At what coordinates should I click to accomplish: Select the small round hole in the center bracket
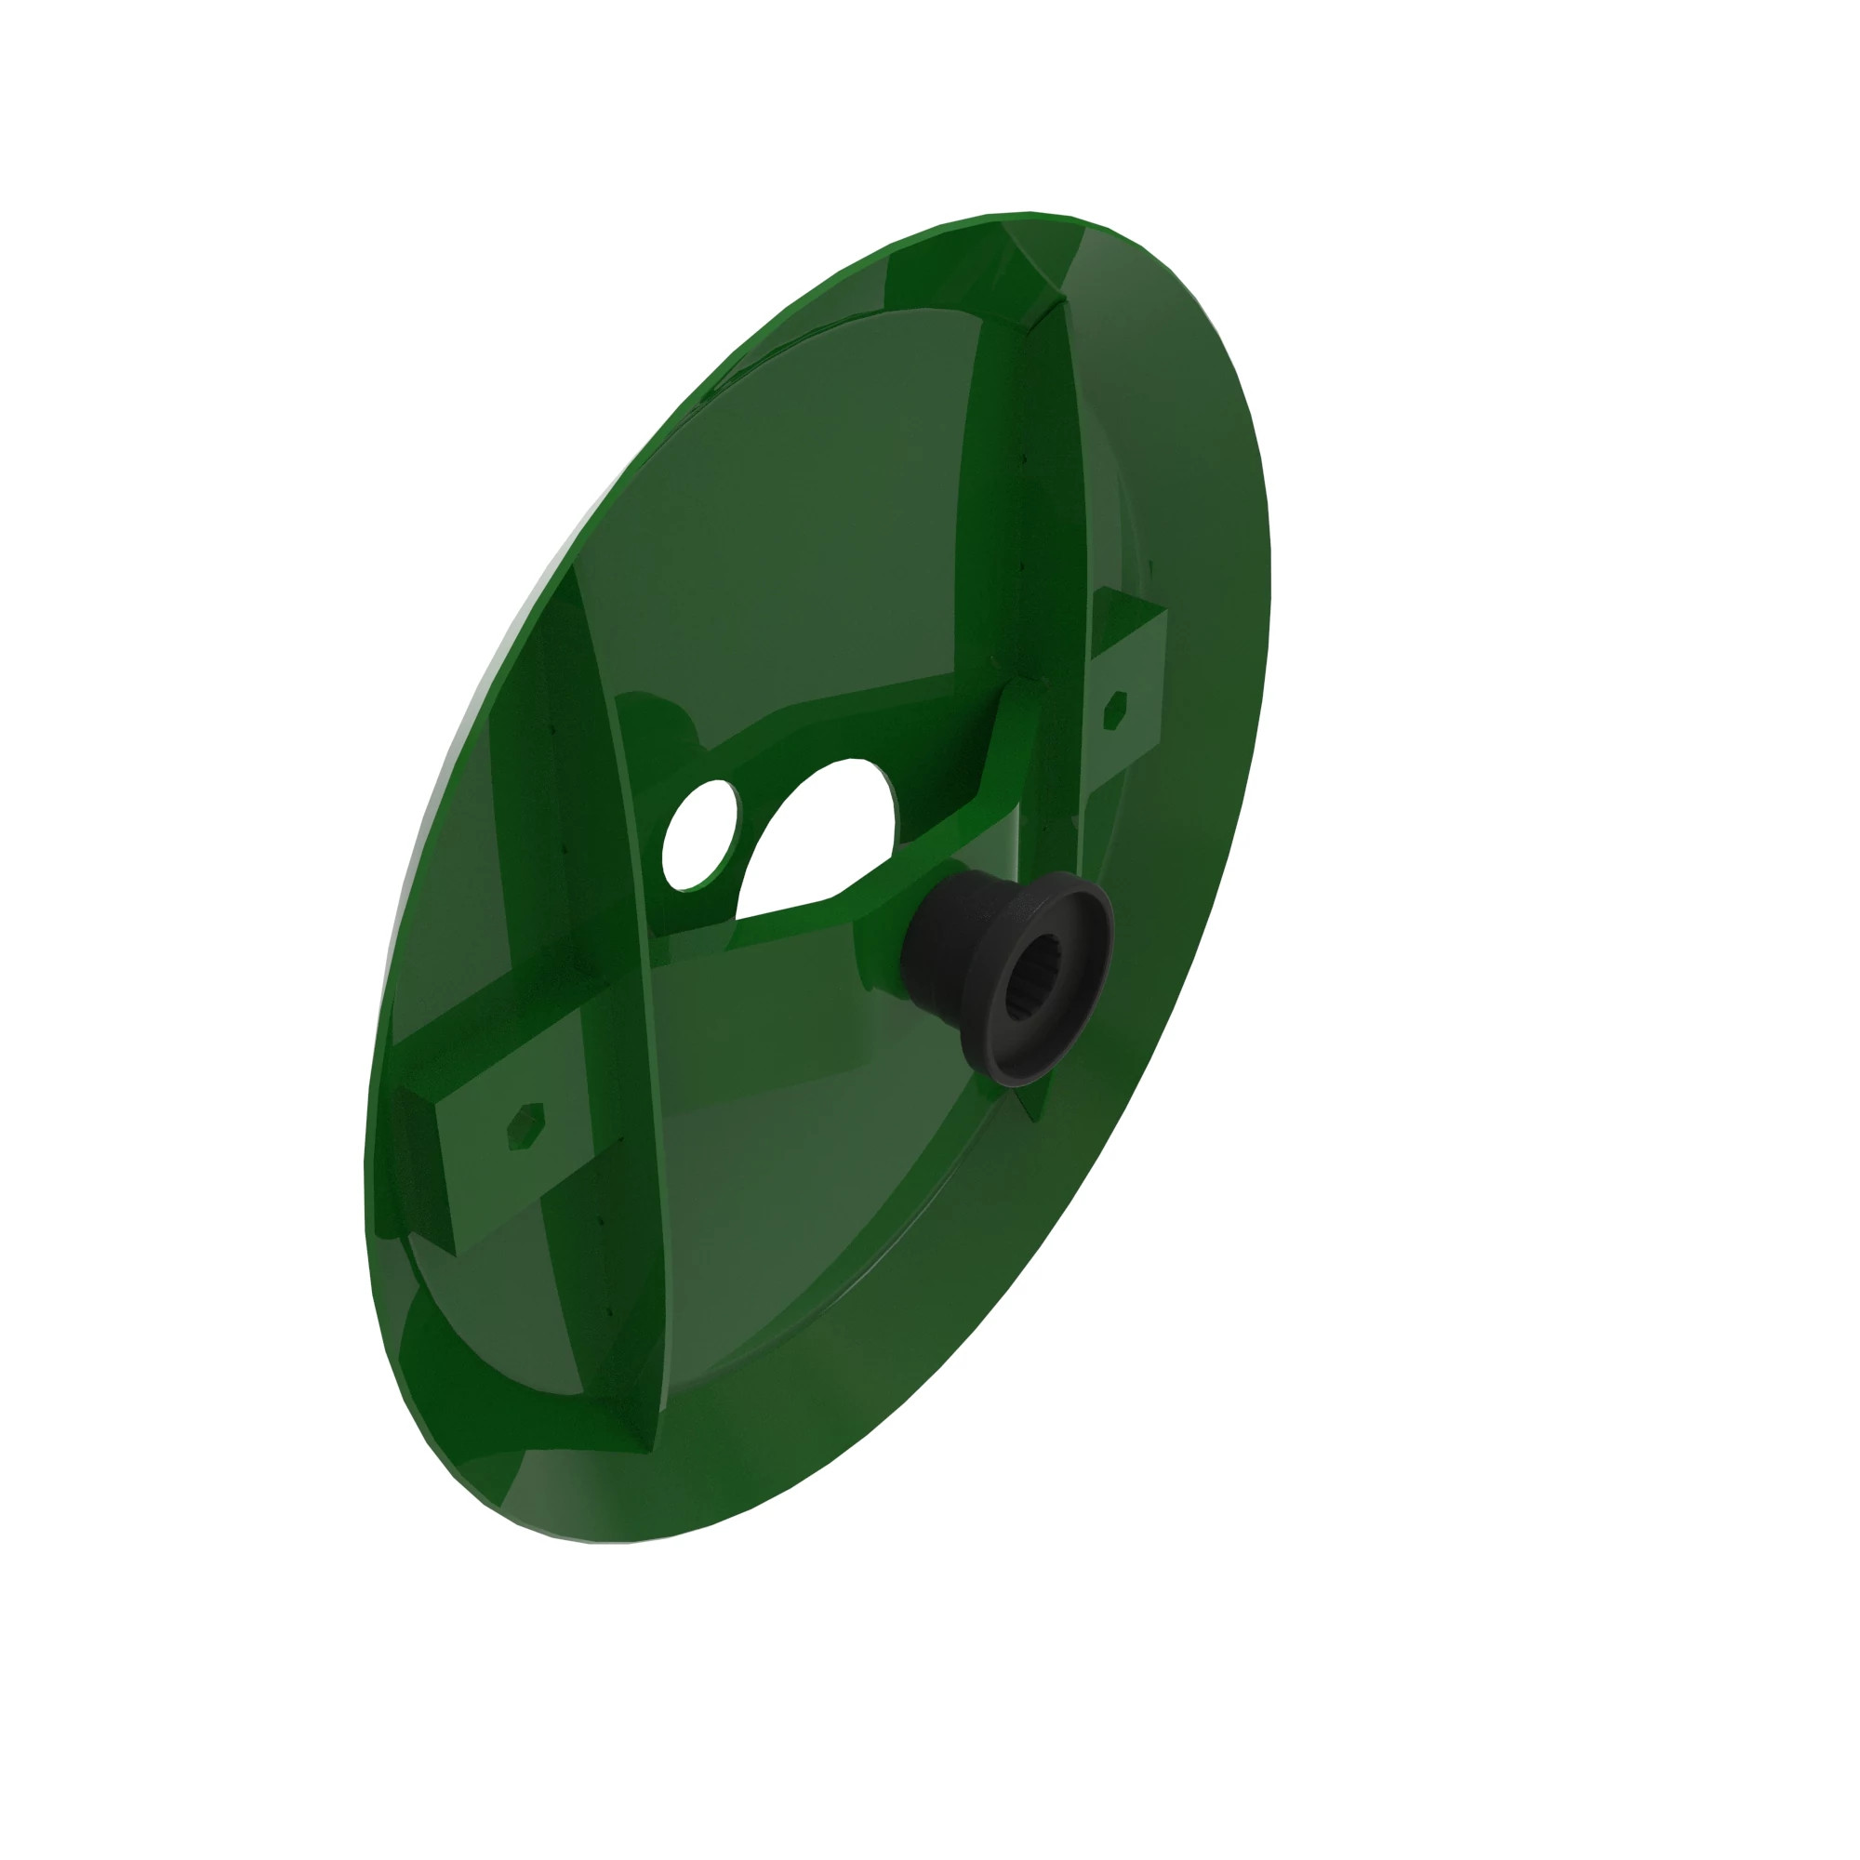coord(700,832)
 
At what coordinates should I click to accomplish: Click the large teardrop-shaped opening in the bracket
coord(818,838)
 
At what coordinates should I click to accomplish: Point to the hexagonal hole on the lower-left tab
coord(525,1126)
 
